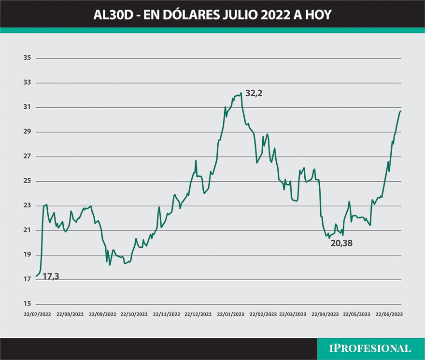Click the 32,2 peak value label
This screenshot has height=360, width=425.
click(x=254, y=93)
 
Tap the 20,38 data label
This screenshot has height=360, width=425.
click(x=341, y=244)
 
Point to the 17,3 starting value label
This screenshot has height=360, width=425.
click(x=51, y=276)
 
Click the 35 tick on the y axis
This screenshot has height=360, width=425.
click(x=27, y=58)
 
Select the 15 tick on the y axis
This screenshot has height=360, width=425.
click(x=27, y=304)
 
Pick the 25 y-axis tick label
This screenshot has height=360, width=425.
click(x=27, y=181)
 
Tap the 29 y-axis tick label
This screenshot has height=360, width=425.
click(x=27, y=132)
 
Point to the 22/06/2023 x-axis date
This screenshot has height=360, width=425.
click(x=389, y=314)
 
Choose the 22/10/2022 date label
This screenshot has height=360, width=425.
click(x=134, y=314)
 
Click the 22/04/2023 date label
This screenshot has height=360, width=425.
click(x=326, y=314)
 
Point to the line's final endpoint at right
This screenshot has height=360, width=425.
click(x=401, y=111)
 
